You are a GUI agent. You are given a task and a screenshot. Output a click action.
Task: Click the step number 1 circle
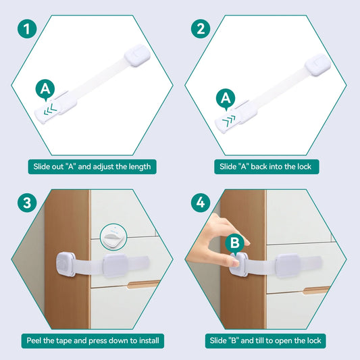click(x=27, y=28)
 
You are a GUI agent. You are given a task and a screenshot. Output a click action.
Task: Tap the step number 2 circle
click(x=201, y=28)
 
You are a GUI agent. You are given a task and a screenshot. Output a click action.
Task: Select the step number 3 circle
click(x=27, y=203)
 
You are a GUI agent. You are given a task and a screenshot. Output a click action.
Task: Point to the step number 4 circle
click(x=201, y=203)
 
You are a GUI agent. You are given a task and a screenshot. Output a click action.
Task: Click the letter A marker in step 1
click(x=45, y=89)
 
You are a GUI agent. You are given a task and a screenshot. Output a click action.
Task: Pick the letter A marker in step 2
click(x=226, y=99)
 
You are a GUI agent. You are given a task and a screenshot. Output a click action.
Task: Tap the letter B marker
click(x=234, y=243)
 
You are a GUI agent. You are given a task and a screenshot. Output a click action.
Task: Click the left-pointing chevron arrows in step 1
click(x=50, y=109)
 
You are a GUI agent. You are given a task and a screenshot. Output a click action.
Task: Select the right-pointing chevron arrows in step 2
click(x=229, y=121)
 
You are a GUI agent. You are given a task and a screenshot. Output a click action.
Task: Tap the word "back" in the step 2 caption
click(x=259, y=166)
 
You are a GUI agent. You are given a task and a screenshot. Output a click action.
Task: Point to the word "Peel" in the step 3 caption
click(x=34, y=340)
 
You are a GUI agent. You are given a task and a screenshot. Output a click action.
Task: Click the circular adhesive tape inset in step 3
click(x=113, y=236)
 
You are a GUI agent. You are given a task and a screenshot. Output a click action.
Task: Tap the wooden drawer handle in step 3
click(x=143, y=284)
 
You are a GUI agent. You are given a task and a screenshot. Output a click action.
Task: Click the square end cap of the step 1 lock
click(x=137, y=55)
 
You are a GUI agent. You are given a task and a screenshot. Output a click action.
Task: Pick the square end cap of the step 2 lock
click(x=317, y=65)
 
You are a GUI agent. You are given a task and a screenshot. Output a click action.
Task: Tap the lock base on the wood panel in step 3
click(x=66, y=265)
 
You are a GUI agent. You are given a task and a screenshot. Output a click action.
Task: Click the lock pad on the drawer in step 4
click(x=288, y=265)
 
